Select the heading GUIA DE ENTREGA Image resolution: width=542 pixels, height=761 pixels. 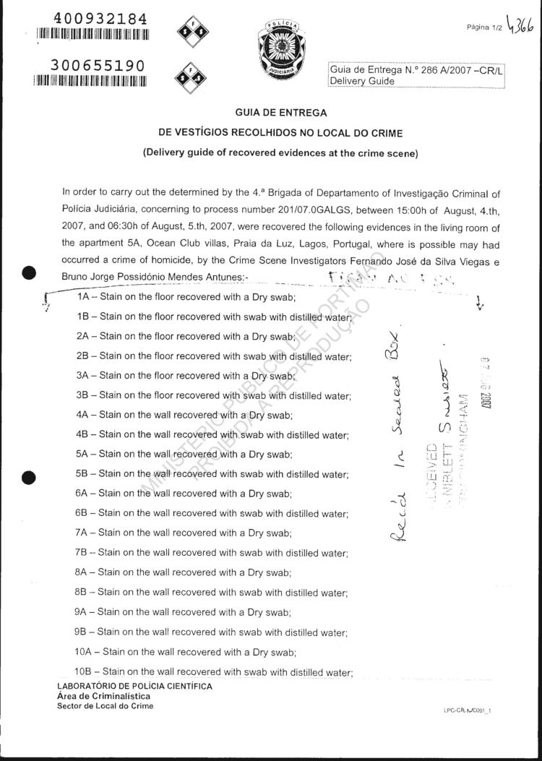coord(281,113)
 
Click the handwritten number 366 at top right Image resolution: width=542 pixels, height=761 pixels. coord(525,26)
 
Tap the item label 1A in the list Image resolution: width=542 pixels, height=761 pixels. coord(83,298)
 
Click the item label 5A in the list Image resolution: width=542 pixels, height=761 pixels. coord(82,455)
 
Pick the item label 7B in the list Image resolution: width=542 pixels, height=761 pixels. coord(82,553)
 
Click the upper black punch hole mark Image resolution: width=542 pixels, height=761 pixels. coord(29,273)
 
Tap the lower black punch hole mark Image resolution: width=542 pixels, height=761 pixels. coord(29,477)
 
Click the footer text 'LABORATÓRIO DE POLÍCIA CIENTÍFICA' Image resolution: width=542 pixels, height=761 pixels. coord(134,686)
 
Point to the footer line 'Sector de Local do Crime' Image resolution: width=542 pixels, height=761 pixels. coord(105,706)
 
